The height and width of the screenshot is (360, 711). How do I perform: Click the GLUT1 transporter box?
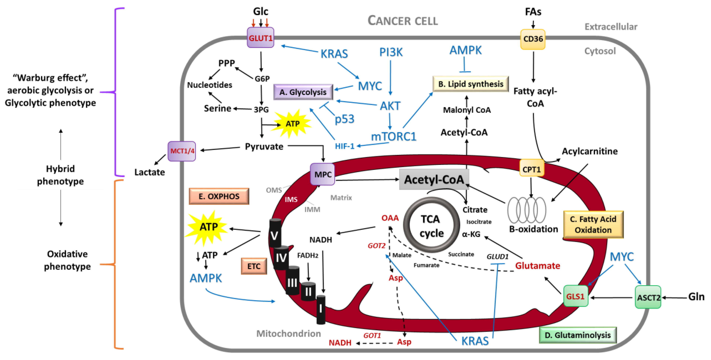click(260, 38)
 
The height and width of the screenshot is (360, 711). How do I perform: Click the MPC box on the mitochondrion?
click(322, 174)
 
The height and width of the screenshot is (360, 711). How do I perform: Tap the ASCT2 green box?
click(648, 297)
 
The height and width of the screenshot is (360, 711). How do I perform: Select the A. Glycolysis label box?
click(303, 92)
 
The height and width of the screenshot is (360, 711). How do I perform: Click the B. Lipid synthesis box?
click(471, 84)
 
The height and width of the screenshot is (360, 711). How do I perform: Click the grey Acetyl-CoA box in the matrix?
click(434, 180)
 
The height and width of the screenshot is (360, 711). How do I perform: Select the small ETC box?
click(254, 266)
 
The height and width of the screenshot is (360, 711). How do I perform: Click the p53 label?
click(344, 119)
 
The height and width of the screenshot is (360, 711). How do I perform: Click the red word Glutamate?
click(537, 266)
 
